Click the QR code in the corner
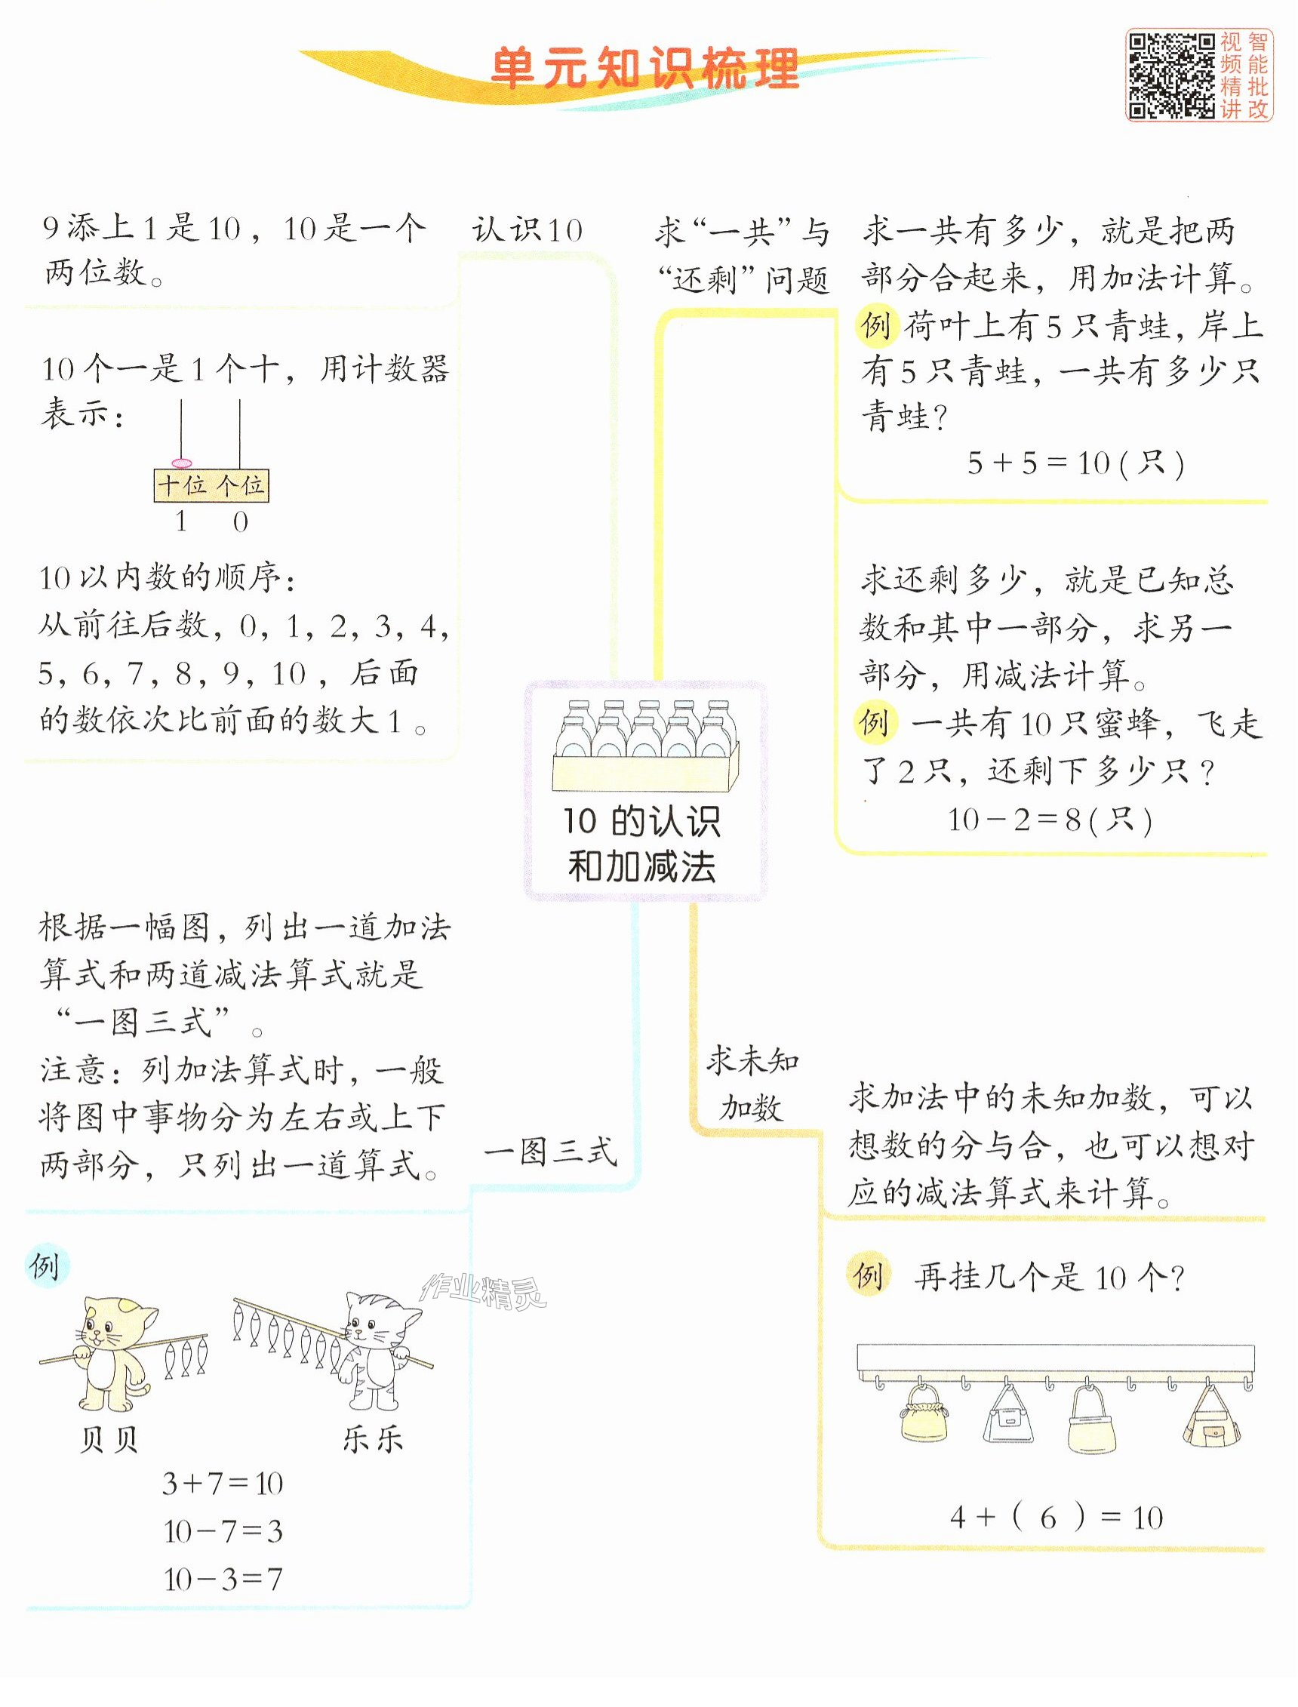1171,75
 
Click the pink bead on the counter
182,463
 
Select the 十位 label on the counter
182,485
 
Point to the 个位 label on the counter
240,485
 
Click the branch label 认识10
528,230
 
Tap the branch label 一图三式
550,1152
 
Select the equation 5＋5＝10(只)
1075,463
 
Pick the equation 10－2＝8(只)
1050,820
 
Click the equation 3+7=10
223,1484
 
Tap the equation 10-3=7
223,1579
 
